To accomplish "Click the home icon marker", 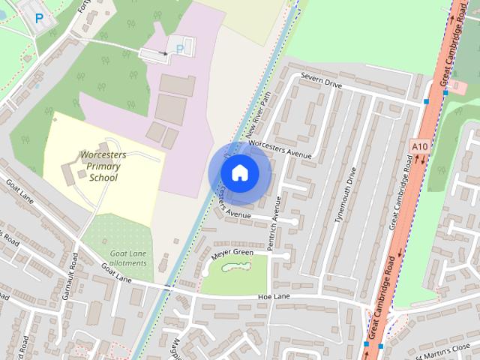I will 239,172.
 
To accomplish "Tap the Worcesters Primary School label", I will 103,166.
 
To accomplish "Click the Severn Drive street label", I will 321,81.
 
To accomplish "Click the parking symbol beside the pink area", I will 179,49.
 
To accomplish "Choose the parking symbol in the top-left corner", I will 38,16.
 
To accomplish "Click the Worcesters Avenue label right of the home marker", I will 279,148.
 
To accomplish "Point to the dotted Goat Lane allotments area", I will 116,240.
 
